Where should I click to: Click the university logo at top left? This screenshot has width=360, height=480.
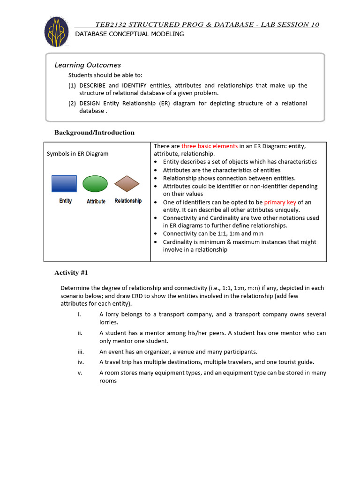click(x=56, y=32)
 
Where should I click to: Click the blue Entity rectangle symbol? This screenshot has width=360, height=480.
click(x=64, y=184)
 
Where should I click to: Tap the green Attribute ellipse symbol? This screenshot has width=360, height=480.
click(x=95, y=184)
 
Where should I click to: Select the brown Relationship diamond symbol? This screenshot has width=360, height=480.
click(x=127, y=184)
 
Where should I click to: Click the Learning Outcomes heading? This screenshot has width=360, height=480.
click(x=88, y=65)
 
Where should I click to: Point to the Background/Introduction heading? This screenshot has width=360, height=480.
click(x=94, y=133)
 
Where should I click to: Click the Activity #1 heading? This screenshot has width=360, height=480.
click(x=71, y=273)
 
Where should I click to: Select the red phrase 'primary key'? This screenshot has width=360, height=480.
click(x=280, y=202)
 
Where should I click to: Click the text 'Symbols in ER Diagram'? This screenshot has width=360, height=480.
click(x=77, y=154)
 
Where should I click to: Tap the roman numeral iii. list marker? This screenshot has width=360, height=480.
click(x=80, y=352)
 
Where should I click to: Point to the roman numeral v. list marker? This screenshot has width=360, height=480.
click(x=80, y=373)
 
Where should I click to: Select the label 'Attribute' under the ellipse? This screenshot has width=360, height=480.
click(x=96, y=202)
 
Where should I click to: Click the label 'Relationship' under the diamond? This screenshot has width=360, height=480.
click(x=128, y=201)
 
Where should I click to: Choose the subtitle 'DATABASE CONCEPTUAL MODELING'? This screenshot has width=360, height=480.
click(x=129, y=34)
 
